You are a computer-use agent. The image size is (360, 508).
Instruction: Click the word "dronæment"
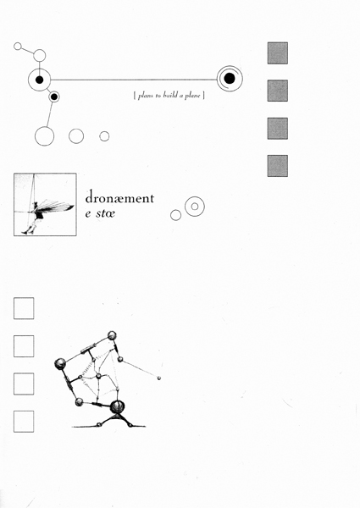[x=119, y=197]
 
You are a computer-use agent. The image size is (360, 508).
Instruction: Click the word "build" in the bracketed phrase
[x=170, y=95]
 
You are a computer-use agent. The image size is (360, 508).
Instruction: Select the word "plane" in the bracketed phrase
[x=192, y=96]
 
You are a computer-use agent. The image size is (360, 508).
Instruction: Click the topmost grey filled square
[x=278, y=53]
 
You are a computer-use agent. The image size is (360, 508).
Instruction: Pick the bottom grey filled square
[x=278, y=166]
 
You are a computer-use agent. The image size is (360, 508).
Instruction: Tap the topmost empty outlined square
[x=24, y=308]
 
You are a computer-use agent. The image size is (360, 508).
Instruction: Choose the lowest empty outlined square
[x=24, y=422]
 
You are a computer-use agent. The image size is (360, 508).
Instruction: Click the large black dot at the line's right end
[x=230, y=79]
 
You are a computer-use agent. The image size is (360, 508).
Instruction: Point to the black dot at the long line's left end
[x=39, y=80]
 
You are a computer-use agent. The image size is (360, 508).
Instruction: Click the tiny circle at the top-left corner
[x=18, y=47]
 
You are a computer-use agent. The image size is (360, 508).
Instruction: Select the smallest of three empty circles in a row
[x=104, y=136]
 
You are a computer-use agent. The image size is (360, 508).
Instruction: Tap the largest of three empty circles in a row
[x=44, y=136]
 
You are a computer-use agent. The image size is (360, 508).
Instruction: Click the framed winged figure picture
[x=45, y=204]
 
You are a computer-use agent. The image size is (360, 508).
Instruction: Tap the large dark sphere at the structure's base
[x=117, y=406]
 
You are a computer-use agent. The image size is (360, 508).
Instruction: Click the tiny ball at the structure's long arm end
[x=158, y=378]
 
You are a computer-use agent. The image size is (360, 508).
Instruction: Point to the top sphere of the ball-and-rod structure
[x=112, y=335]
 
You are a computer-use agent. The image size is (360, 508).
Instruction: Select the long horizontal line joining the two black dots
[x=134, y=80]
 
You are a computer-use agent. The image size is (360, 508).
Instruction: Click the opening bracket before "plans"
[x=135, y=96]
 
